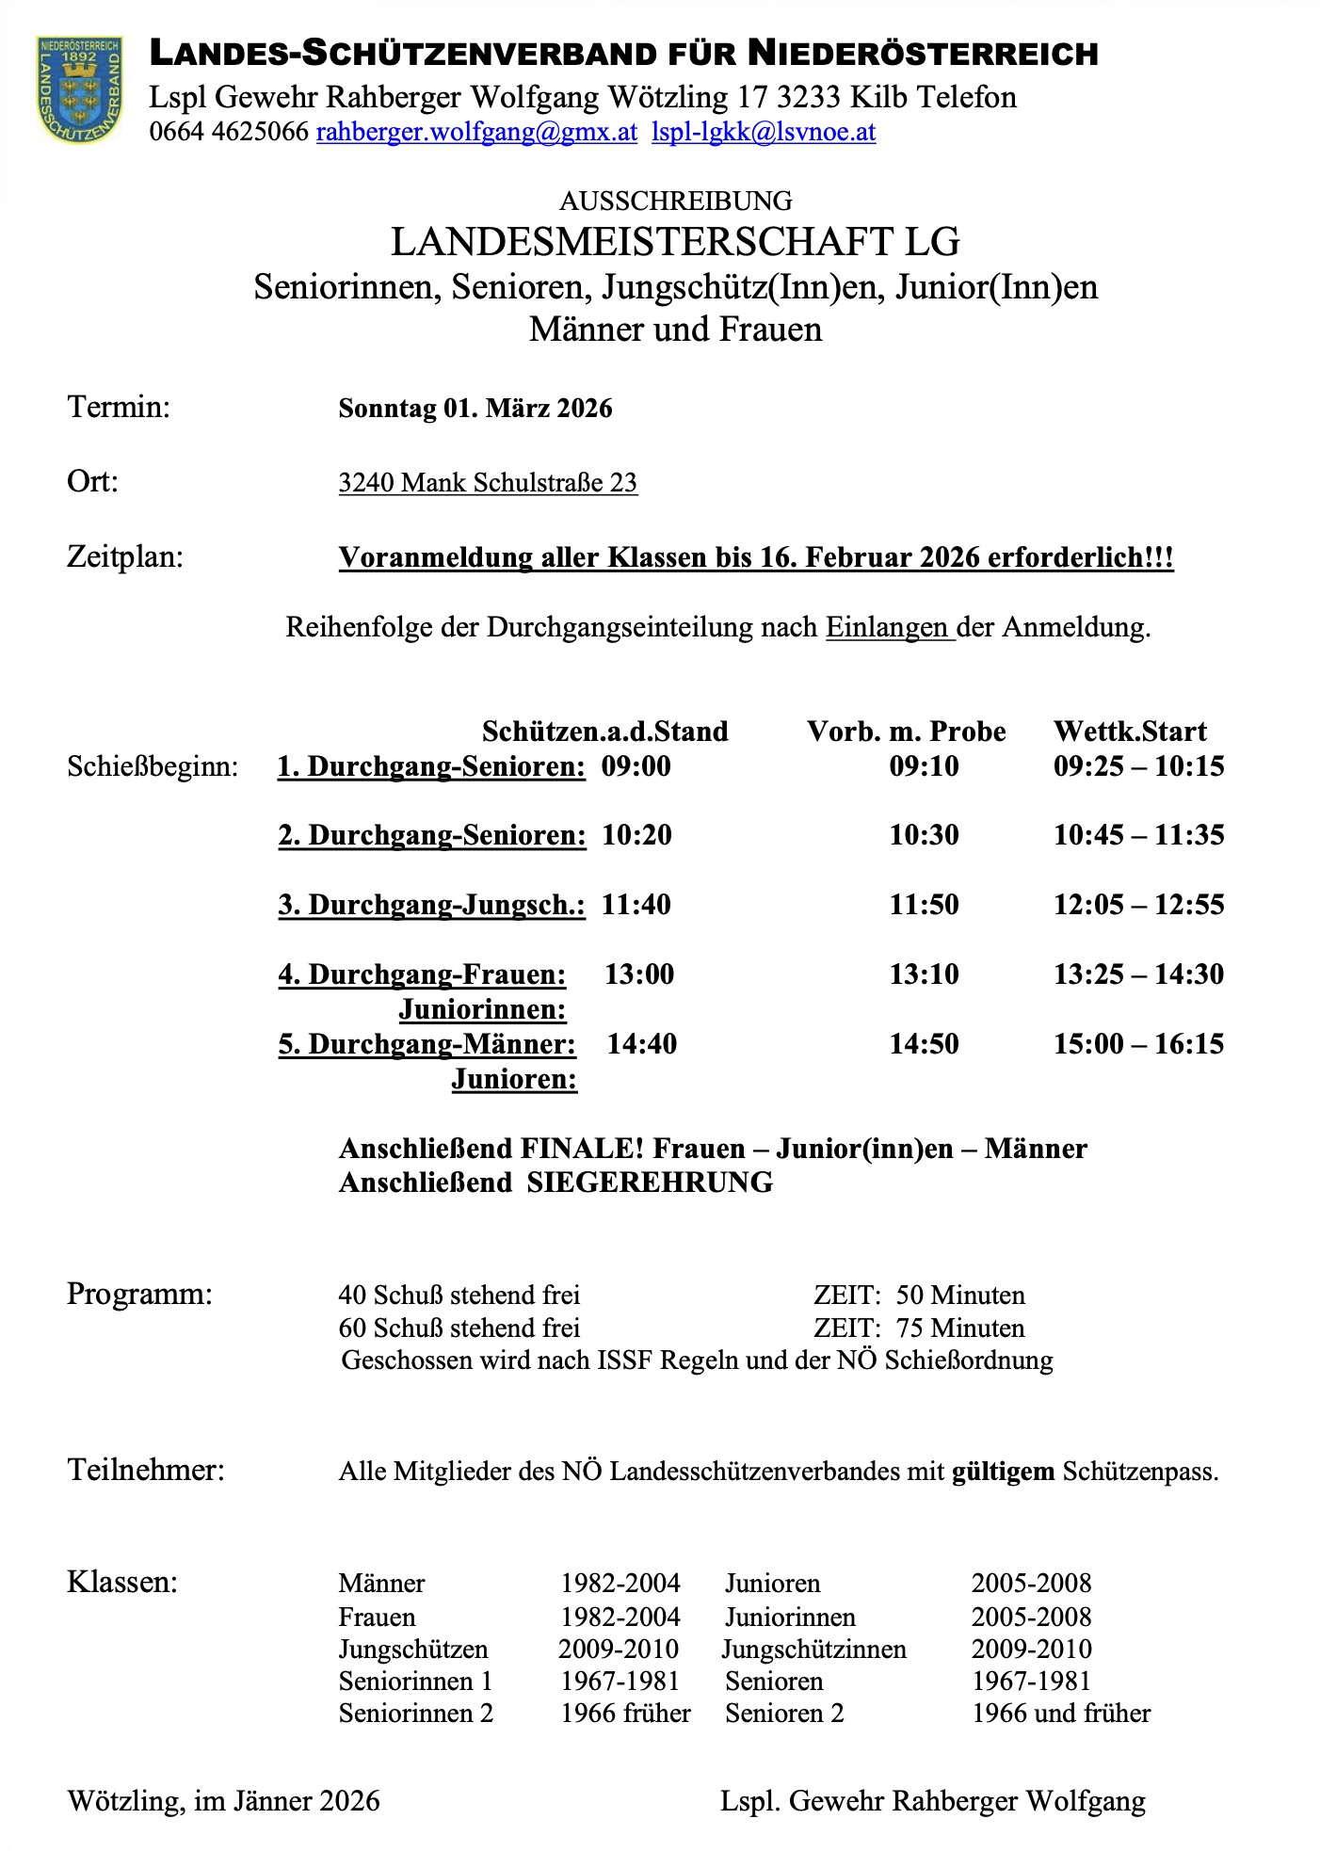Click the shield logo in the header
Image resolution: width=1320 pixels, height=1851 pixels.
point(79,90)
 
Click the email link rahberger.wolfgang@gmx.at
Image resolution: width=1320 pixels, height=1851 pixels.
point(476,132)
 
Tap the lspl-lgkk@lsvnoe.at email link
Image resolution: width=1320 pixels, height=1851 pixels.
point(764,132)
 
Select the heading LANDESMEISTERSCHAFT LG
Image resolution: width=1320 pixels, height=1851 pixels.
point(675,242)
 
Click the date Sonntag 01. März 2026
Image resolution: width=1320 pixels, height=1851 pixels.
point(475,409)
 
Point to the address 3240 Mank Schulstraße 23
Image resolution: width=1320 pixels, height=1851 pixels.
point(488,483)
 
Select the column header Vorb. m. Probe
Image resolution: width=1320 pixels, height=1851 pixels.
point(906,732)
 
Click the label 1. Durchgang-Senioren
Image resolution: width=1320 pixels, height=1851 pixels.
point(431,766)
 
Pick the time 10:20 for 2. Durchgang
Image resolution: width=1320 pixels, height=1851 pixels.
point(636,835)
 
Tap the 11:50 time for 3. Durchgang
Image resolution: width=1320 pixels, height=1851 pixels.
point(924,905)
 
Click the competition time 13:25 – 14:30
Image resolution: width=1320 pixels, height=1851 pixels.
point(1138,974)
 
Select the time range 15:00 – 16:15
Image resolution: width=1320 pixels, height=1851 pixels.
point(1138,1044)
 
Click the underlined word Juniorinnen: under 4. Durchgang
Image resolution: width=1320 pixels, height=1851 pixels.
point(482,1009)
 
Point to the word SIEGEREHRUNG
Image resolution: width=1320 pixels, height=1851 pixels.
point(650,1183)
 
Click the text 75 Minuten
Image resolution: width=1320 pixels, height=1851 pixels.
point(960,1328)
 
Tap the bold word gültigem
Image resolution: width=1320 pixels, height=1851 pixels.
point(1003,1471)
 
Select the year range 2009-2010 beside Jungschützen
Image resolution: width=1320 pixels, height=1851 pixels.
point(619,1649)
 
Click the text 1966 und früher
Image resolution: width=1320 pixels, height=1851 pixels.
point(1060,1713)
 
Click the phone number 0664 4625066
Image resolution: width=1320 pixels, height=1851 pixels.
point(229,132)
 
